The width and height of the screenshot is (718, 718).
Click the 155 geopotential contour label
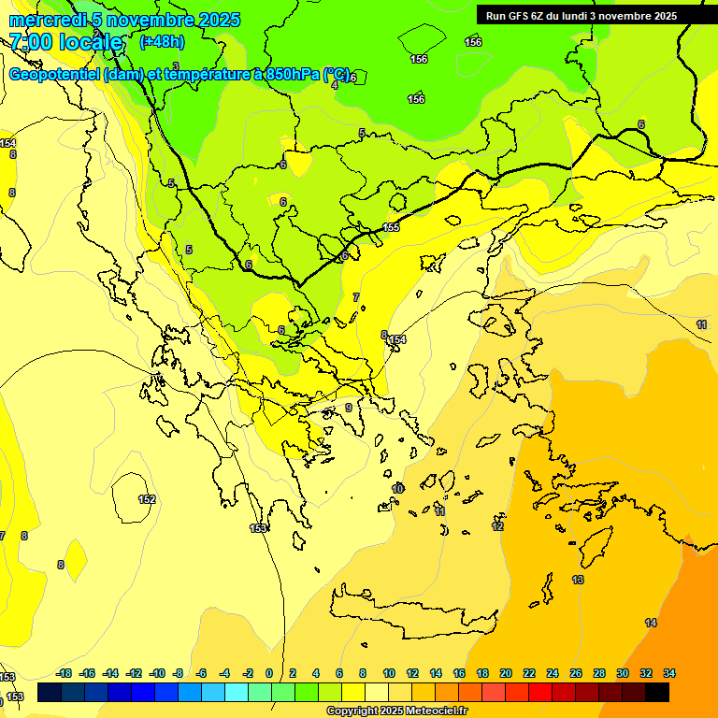(391, 228)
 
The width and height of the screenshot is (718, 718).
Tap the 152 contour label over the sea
(147, 499)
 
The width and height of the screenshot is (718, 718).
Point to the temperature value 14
(651, 623)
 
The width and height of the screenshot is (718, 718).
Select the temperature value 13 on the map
(578, 581)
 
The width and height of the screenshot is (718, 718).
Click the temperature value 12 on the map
(497, 526)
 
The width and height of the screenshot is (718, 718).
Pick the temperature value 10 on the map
(398, 489)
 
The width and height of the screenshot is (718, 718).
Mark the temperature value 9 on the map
(349, 408)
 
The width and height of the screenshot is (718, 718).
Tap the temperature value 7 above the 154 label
(355, 297)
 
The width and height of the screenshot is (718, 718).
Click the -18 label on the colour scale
(64, 673)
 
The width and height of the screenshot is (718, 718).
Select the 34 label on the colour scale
(668, 673)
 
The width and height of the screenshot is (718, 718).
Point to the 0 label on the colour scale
(269, 673)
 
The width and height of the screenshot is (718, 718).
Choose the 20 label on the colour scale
(506, 673)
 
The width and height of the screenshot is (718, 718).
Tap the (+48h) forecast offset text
(162, 41)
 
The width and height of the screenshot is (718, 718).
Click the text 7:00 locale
(65, 42)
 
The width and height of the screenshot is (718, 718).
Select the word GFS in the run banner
(520, 16)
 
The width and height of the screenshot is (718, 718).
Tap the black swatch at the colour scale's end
(657, 692)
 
